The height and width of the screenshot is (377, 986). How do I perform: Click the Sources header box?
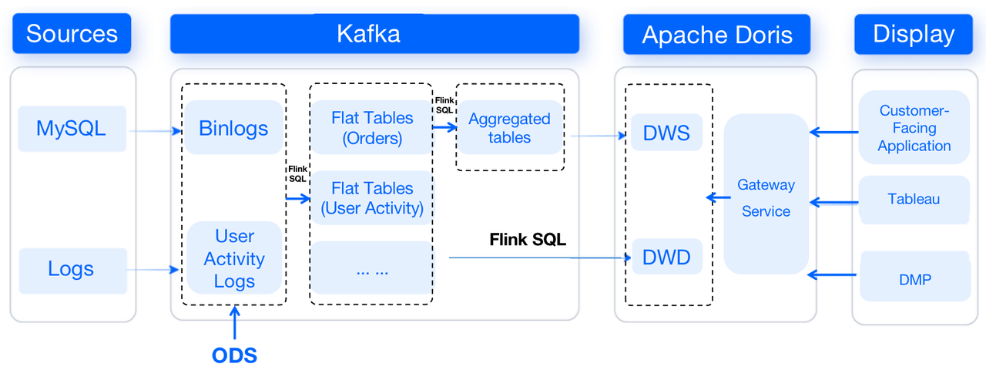point(72,34)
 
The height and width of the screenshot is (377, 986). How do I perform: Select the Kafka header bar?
point(374,34)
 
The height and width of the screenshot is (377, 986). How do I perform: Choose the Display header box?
point(913,35)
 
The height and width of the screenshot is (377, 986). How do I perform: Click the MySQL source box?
point(71,128)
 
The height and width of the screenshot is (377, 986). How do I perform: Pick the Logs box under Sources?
point(72,270)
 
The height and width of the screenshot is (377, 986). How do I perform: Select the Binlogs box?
point(233,128)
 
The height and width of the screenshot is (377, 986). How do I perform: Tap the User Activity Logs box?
point(234,258)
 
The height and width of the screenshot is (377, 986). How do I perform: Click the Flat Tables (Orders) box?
point(371,128)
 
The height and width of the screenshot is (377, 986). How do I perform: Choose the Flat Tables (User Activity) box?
point(371,198)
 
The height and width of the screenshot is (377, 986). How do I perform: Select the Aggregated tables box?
point(509,128)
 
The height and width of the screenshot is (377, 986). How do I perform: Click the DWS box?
point(666,133)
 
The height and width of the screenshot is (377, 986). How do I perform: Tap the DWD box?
point(666,257)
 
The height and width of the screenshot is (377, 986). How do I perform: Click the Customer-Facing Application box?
point(914,128)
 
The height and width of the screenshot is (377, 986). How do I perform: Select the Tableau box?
point(914,200)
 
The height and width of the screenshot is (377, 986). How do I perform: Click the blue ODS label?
point(234,355)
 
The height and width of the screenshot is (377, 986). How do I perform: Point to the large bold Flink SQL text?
point(528,240)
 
